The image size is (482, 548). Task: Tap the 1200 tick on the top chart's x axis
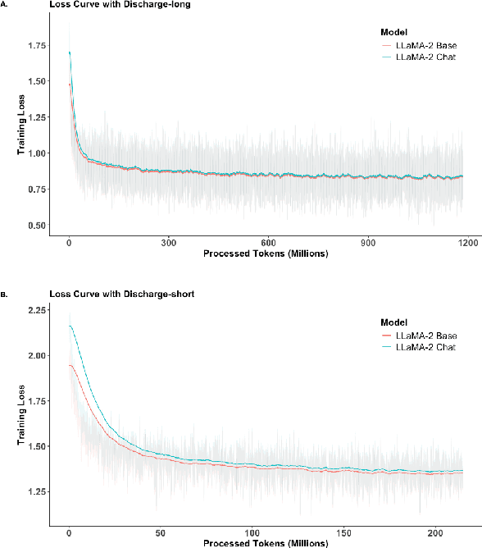click(467, 243)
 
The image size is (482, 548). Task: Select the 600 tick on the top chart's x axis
click(268, 243)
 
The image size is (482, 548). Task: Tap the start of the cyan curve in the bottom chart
click(69, 327)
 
